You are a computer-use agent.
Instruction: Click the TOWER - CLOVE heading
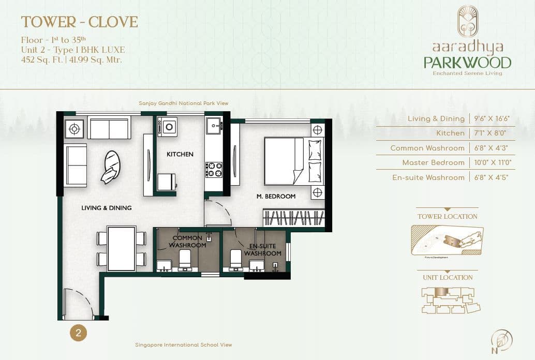(x=79, y=22)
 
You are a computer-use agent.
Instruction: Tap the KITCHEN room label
(x=180, y=154)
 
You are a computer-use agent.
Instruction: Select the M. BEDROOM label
(x=276, y=197)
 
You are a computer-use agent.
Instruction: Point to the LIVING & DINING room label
(x=107, y=208)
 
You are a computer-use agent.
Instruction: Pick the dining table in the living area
(x=122, y=248)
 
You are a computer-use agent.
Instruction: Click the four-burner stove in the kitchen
(x=214, y=169)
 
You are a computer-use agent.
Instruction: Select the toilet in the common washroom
(x=185, y=259)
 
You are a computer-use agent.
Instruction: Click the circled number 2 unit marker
(x=78, y=333)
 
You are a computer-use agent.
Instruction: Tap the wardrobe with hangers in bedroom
(x=294, y=217)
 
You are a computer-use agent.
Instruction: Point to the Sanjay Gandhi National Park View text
(x=183, y=103)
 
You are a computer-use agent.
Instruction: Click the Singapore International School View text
(x=183, y=344)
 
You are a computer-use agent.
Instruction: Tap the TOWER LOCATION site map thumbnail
(x=447, y=241)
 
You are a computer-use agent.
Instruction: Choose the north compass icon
(x=502, y=339)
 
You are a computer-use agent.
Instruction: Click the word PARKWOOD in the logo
(x=467, y=63)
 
